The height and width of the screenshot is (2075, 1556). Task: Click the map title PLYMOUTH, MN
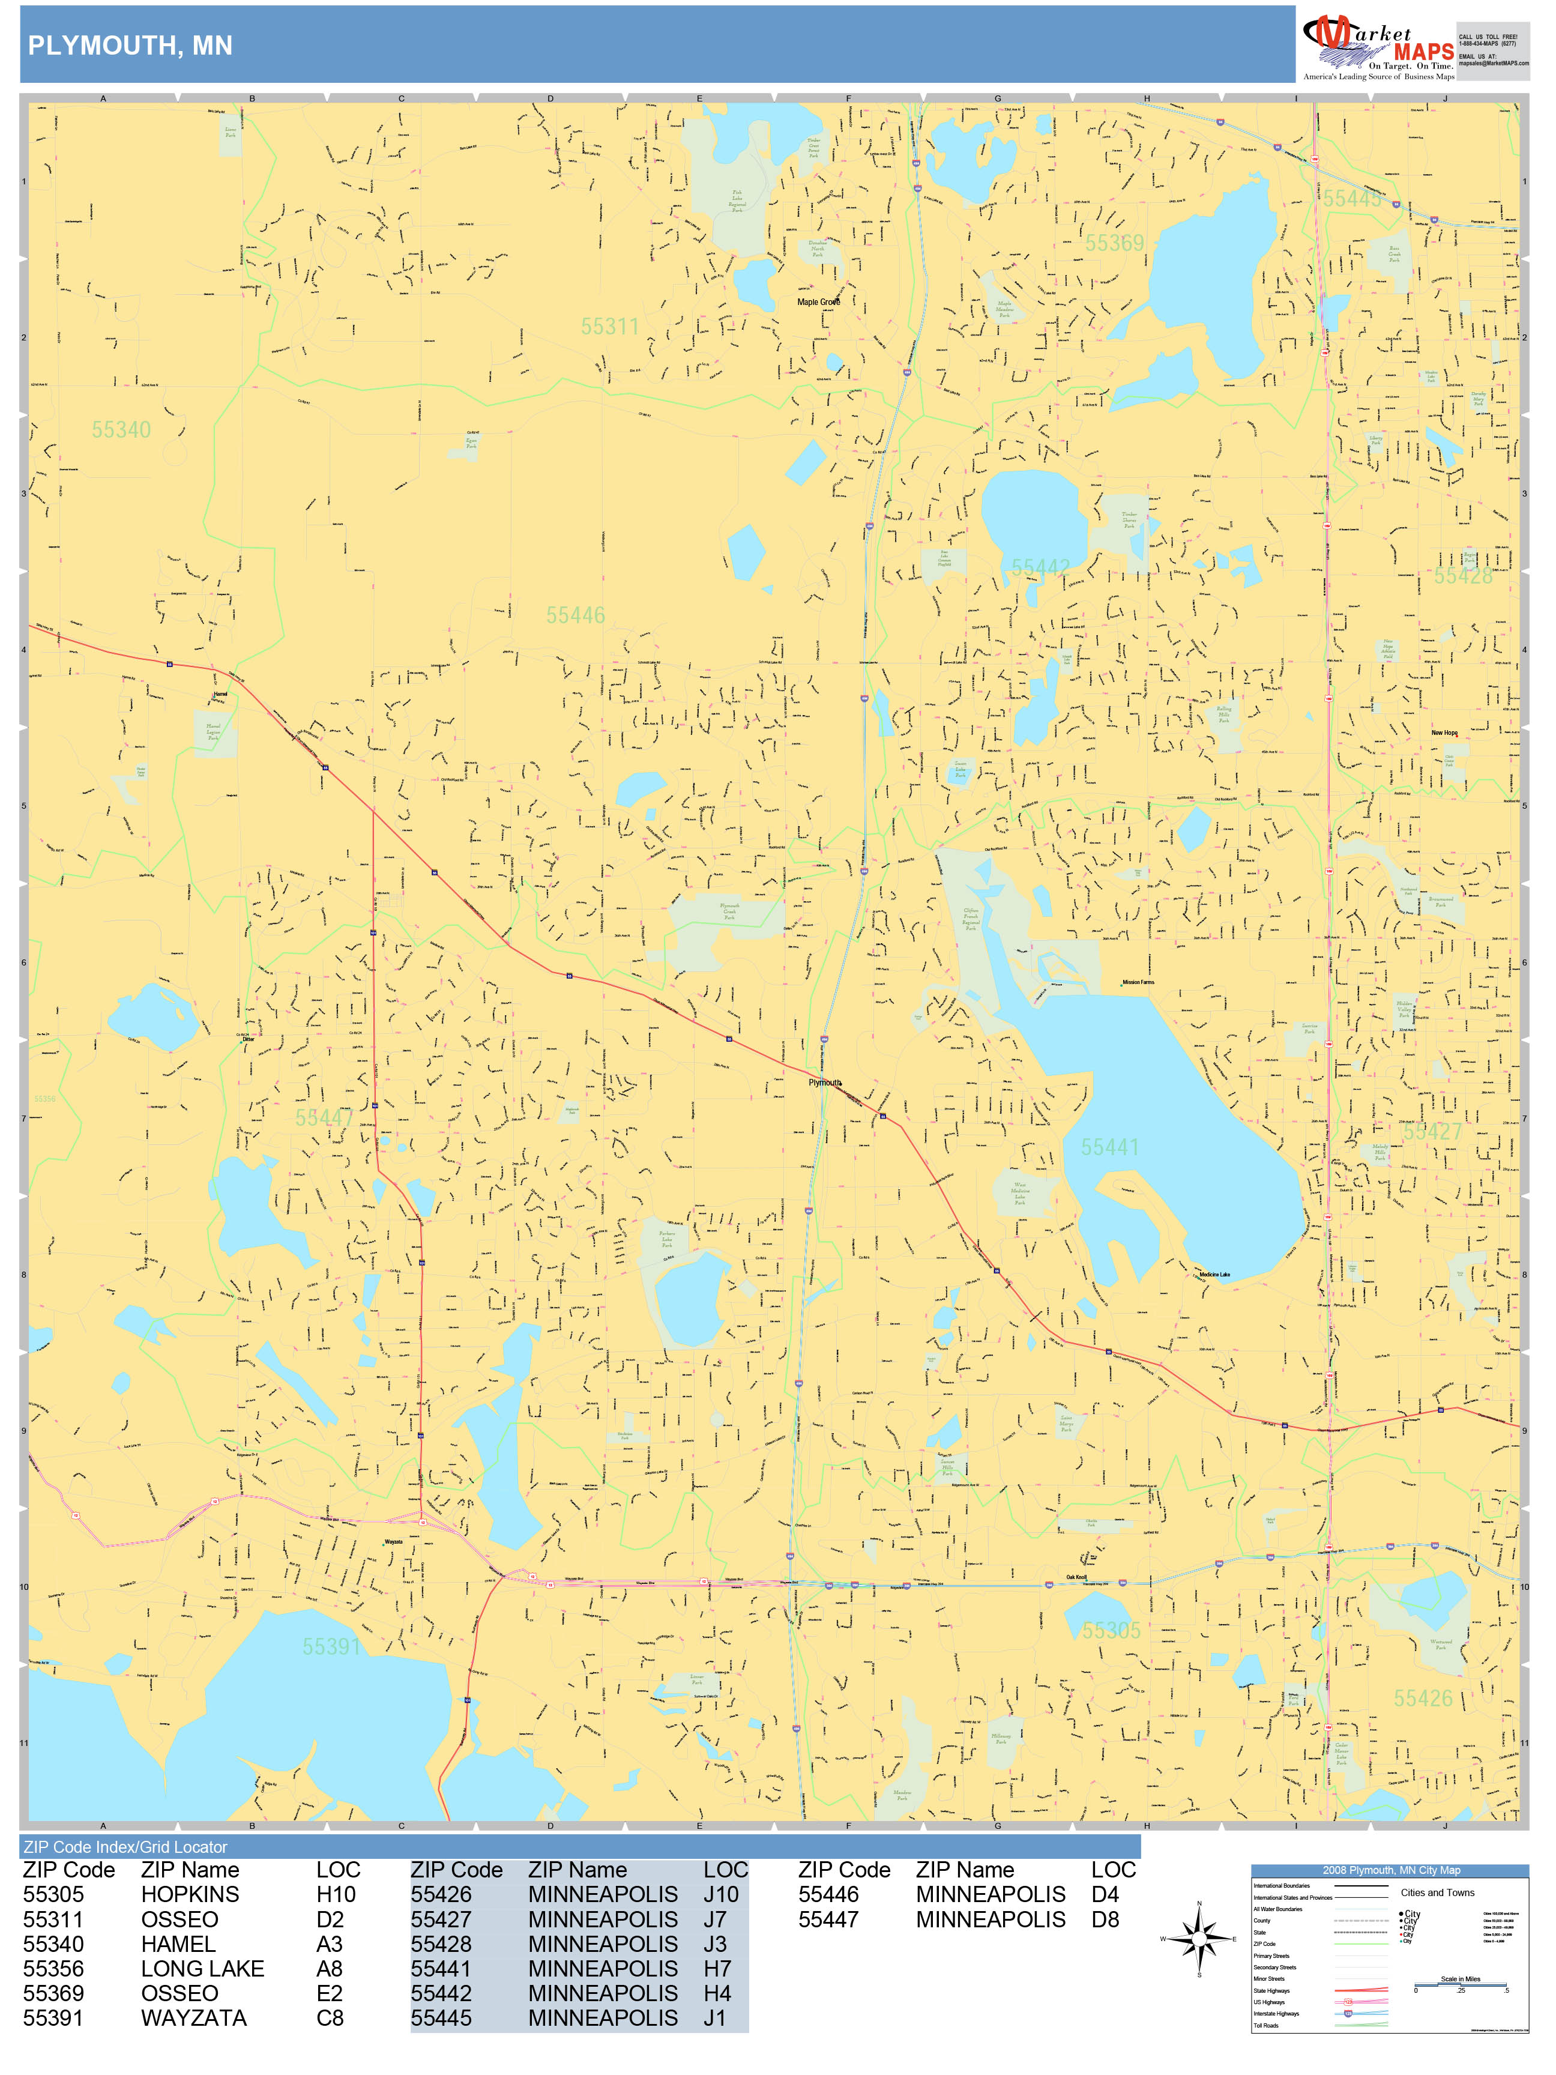[x=130, y=45]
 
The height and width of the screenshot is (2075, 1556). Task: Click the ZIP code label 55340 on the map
[x=121, y=430]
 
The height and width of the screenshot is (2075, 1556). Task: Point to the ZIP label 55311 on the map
[x=610, y=327]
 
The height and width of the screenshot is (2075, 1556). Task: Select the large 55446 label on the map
[x=576, y=615]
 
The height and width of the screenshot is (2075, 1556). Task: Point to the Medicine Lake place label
[x=1214, y=1275]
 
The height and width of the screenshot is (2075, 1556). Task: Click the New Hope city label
[x=1444, y=732]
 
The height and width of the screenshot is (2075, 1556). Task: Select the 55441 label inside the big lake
[x=1109, y=1147]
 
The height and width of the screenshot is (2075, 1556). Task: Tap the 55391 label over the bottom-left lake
[x=331, y=1646]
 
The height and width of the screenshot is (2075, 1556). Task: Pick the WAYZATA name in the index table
[x=193, y=2018]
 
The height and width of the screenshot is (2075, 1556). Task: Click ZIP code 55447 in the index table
[x=828, y=1919]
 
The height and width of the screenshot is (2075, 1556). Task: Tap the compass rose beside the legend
[x=1199, y=1938]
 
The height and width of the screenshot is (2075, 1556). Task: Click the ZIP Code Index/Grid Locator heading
[x=125, y=1847]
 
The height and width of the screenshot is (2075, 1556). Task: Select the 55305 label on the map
[x=1111, y=1630]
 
